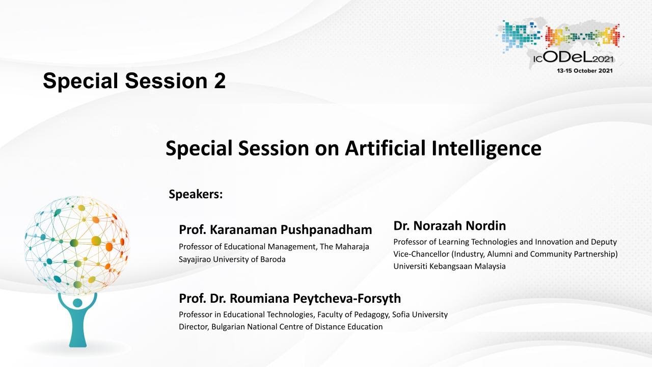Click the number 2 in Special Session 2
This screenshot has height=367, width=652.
tap(220, 81)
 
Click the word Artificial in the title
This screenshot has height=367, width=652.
tap(385, 148)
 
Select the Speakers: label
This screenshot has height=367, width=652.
tap(196, 194)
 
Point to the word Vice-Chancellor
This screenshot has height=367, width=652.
tap(421, 254)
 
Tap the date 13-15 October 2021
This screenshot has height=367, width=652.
tap(585, 71)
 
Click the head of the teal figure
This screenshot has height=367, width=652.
tap(77, 303)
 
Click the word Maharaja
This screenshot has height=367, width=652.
tap(352, 247)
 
